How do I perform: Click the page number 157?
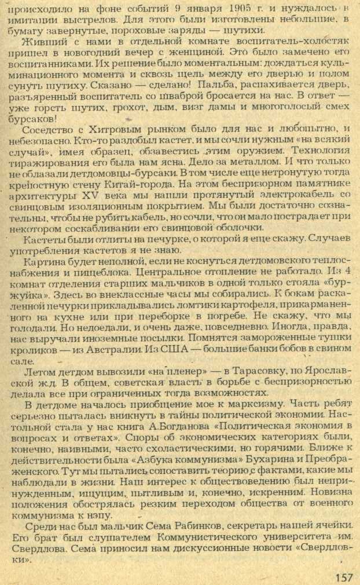coord(343,577)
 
